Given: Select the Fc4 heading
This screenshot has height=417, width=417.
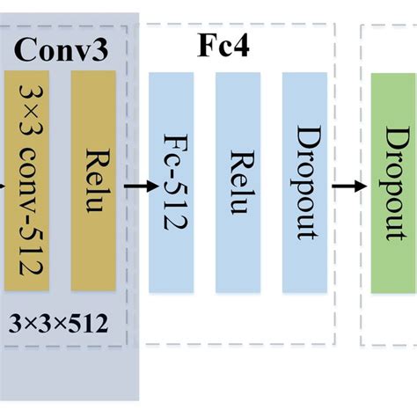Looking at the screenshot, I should coord(223,45).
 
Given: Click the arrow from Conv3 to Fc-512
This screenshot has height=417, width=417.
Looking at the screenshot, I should coord(135,186).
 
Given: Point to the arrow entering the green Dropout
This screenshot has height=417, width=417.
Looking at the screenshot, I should coord(349,186).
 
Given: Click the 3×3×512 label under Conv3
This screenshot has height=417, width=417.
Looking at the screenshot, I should coord(59,324).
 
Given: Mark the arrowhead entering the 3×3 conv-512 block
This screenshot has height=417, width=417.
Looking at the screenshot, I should coord(3,186).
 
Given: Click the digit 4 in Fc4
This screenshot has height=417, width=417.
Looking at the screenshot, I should coord(242,45).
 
